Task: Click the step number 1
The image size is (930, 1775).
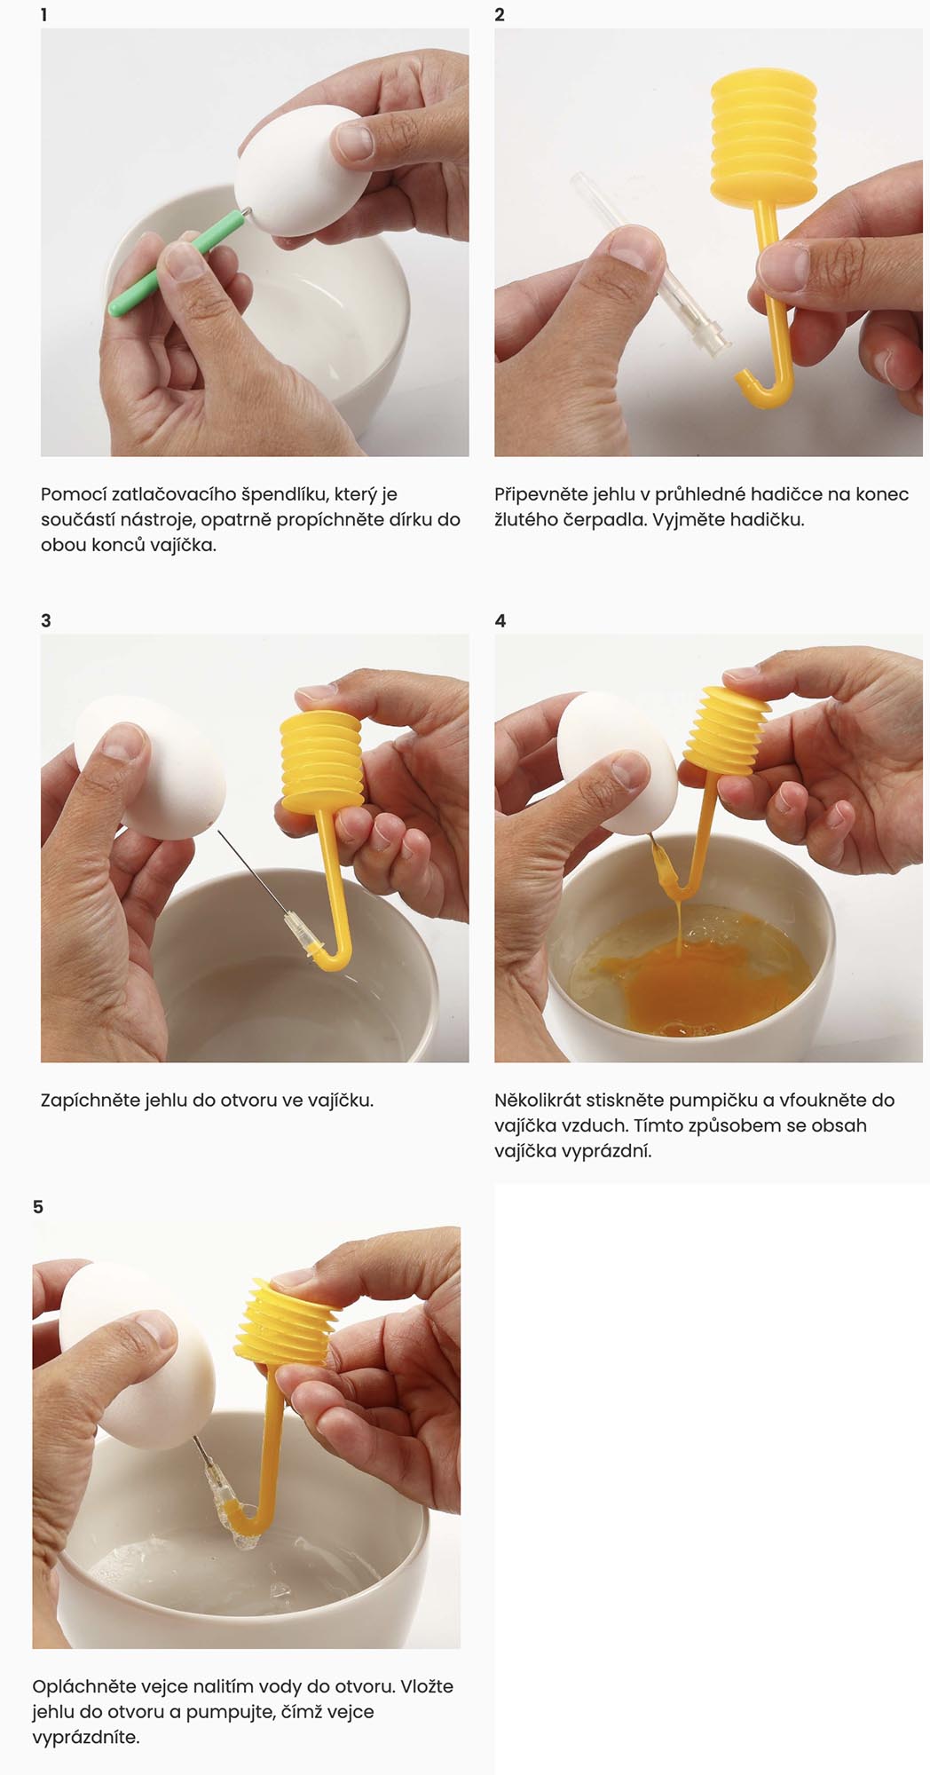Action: click(x=43, y=15)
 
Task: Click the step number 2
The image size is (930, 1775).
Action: click(x=500, y=15)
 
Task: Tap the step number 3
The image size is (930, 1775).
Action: click(x=46, y=620)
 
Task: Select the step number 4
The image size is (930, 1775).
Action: click(x=500, y=620)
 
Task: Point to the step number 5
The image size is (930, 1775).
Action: click(x=38, y=1207)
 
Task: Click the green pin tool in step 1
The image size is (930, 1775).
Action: click(x=176, y=264)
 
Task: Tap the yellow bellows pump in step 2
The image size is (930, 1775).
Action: click(x=764, y=137)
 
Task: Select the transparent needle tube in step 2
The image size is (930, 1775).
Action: click(x=650, y=260)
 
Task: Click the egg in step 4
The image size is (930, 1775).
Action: click(x=616, y=762)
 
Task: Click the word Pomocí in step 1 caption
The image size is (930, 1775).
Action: click(x=73, y=494)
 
